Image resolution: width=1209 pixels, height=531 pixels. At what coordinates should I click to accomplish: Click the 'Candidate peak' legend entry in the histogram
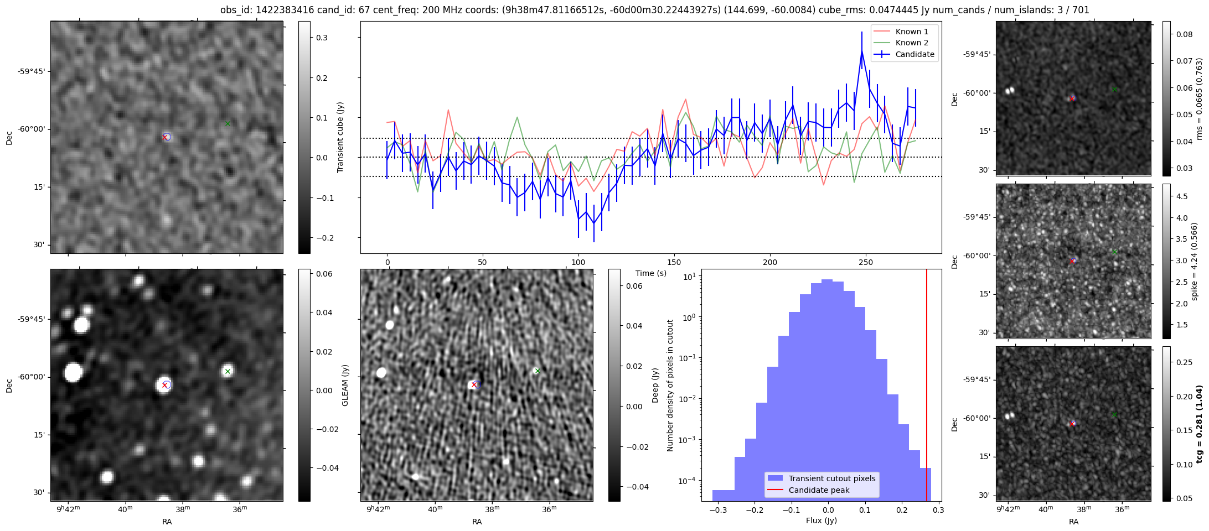click(819, 490)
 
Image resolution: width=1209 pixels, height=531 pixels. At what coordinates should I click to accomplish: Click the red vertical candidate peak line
click(927, 387)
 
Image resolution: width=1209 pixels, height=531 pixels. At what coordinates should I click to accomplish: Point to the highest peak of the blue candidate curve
click(862, 51)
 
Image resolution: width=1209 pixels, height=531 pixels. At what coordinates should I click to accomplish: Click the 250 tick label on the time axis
click(865, 262)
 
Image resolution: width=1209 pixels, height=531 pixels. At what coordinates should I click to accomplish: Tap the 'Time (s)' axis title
click(651, 273)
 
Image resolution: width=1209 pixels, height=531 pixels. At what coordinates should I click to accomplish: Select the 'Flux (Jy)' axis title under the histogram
click(821, 520)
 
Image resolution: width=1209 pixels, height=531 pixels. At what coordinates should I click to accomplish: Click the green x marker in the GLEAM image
click(228, 371)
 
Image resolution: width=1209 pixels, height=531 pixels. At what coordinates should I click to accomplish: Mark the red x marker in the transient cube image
click(164, 137)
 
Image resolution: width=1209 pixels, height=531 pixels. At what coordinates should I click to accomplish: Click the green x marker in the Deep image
click(537, 371)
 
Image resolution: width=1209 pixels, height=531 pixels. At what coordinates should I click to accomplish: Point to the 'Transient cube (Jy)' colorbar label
click(340, 137)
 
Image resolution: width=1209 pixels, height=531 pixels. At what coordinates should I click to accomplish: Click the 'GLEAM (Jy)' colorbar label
click(345, 385)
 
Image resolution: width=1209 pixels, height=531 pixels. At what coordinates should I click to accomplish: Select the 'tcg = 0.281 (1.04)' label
click(1199, 424)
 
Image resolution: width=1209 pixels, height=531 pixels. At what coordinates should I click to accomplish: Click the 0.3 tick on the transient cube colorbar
click(321, 38)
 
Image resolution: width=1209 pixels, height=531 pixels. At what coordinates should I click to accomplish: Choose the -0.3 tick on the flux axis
click(718, 510)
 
